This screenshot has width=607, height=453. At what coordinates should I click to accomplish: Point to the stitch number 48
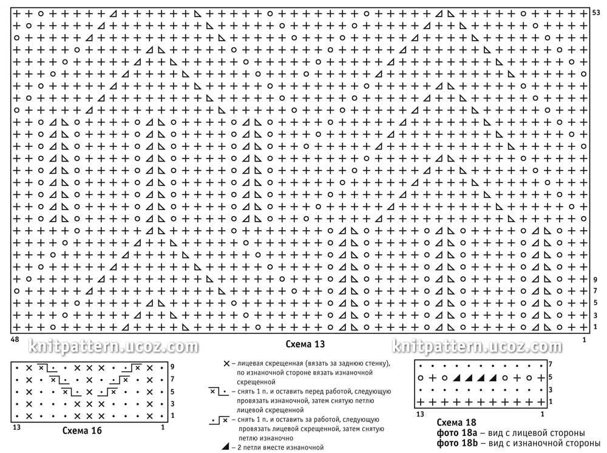[x=13, y=341]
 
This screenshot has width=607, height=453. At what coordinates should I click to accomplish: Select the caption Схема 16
[x=81, y=431]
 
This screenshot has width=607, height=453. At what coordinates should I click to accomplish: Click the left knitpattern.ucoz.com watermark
[x=114, y=347]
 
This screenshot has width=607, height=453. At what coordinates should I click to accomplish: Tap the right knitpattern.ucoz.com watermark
[x=478, y=347]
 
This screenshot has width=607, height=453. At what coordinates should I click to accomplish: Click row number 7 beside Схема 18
[x=550, y=364]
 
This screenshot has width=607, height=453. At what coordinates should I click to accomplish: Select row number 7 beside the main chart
[x=595, y=291]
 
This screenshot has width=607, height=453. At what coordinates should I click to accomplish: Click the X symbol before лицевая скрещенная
[x=227, y=363]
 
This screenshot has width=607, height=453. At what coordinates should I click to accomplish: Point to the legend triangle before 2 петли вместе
[x=225, y=448]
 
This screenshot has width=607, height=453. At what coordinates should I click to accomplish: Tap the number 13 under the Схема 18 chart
[x=420, y=414]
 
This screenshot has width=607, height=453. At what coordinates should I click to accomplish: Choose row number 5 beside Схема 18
[x=550, y=377]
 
